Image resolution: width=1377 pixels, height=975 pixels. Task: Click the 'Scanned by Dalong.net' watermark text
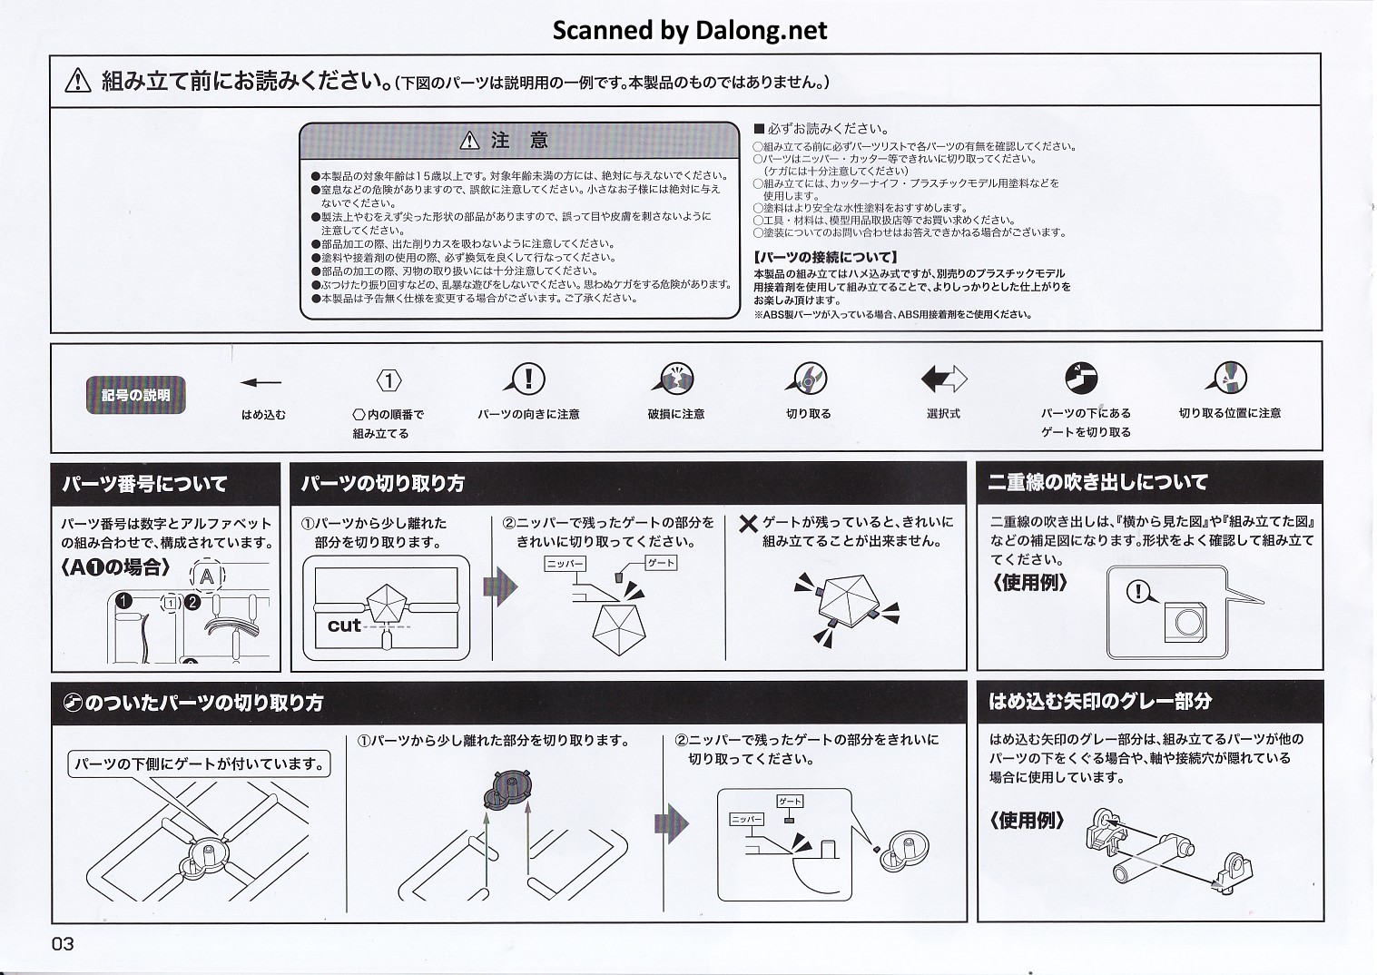point(690,31)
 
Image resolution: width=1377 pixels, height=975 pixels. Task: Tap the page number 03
point(63,944)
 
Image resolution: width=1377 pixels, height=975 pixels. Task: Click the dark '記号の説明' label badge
point(135,395)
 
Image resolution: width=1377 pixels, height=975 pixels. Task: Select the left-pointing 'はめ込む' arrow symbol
point(262,382)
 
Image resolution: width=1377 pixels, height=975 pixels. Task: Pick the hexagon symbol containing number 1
point(389,381)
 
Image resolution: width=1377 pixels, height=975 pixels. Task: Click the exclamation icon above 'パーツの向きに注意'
point(528,379)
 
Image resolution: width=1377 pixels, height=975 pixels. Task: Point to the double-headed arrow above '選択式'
point(944,379)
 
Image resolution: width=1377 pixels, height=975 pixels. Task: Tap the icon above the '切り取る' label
point(809,379)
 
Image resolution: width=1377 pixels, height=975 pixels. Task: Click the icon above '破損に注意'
point(676,379)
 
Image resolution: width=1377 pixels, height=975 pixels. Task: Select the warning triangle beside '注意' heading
point(468,141)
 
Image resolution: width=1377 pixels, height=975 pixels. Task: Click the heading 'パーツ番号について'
point(144,484)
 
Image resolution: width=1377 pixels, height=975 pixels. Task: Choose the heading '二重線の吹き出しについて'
point(1097,483)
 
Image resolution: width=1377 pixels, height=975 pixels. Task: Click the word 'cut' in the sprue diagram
point(344,625)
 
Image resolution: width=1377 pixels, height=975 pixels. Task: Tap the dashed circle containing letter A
point(207,576)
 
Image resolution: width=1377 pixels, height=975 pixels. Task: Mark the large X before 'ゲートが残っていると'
point(748,524)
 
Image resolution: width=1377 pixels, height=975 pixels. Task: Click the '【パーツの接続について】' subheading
point(825,258)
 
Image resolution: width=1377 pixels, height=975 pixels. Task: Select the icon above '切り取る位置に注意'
point(1230,378)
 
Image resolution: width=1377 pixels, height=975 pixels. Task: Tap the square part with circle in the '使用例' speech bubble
point(1185,622)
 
